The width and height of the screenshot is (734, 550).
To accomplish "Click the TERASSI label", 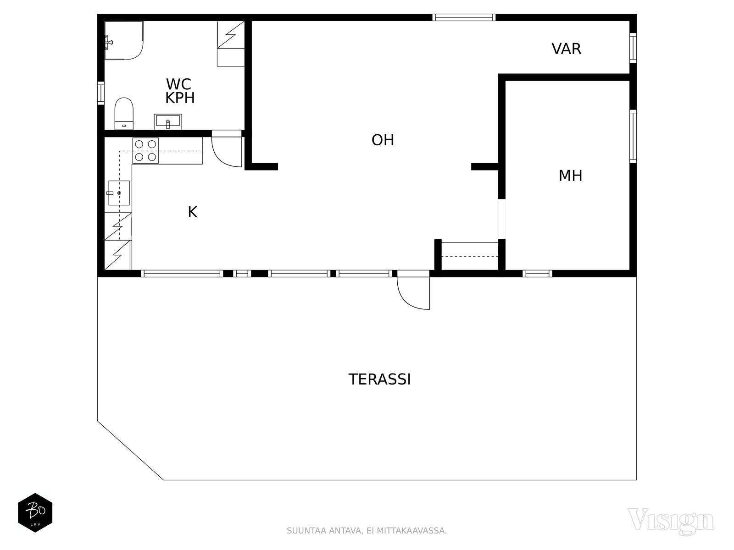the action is pyautogui.click(x=379, y=379).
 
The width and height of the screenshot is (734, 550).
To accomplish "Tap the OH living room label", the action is pyautogui.click(x=383, y=140).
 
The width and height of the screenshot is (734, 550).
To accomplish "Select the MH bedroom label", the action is pyautogui.click(x=571, y=176).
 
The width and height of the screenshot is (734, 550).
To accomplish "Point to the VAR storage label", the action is pyautogui.click(x=567, y=49).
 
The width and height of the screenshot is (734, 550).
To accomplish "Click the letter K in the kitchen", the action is pyautogui.click(x=193, y=212).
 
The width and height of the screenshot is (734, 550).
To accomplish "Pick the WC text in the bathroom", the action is pyautogui.click(x=178, y=84).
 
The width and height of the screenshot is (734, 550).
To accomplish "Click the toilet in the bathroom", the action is pyautogui.click(x=124, y=114).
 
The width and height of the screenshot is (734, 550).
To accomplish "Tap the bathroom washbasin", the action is pyautogui.click(x=168, y=121).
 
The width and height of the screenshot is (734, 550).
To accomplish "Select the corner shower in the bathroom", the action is pyautogui.click(x=124, y=40).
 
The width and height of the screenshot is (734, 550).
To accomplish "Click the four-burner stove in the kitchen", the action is pyautogui.click(x=145, y=151).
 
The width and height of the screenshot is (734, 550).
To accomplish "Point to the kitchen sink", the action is pyautogui.click(x=119, y=193).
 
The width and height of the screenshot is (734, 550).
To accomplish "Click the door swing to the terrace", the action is pyautogui.click(x=410, y=298).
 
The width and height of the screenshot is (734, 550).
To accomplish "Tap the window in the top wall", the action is pyautogui.click(x=464, y=17).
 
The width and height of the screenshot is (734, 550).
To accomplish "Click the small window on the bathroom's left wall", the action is pyautogui.click(x=100, y=93).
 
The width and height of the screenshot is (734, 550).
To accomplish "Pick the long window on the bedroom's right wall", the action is pyautogui.click(x=633, y=136).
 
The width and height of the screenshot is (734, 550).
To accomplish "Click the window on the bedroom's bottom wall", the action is pyautogui.click(x=537, y=274).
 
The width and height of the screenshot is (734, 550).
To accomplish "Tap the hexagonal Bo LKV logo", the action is pyautogui.click(x=35, y=512).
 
